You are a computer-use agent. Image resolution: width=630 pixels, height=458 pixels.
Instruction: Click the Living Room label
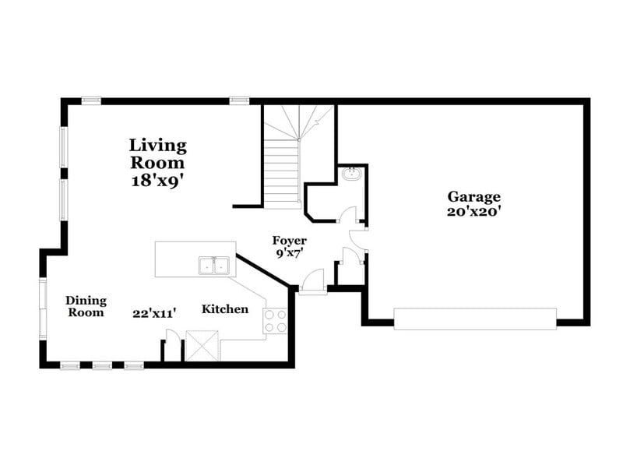[157, 153]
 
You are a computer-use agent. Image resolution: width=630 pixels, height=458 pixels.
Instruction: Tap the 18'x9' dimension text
[157, 180]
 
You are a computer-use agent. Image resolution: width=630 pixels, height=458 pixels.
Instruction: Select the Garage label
[473, 196]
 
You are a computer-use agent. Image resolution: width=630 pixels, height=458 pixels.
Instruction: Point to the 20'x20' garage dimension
[473, 210]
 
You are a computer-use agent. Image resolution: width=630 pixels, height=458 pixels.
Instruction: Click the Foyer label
[288, 241]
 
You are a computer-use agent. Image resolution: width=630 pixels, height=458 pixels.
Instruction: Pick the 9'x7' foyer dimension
[288, 253]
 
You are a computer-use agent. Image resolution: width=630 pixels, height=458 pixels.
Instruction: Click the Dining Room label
[86, 306]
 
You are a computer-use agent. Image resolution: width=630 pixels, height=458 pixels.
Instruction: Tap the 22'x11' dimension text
[153, 313]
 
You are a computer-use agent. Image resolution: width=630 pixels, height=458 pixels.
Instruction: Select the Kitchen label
[225, 309]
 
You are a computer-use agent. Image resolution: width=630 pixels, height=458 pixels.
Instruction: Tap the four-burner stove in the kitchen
[276, 321]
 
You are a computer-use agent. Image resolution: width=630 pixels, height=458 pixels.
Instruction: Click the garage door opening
[474, 319]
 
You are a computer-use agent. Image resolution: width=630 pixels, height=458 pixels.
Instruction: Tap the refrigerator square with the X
[202, 345]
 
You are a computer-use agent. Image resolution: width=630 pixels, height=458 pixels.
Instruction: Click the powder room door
[349, 215]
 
